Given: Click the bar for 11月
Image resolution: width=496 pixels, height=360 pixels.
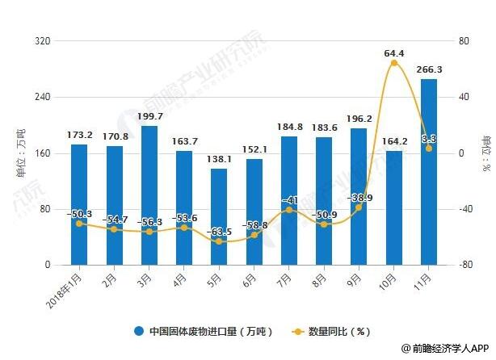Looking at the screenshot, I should tap(428, 172).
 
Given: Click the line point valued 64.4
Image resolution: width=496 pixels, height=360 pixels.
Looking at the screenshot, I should tap(393, 63).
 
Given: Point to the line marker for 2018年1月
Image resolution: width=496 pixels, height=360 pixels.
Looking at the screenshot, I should tap(79, 224).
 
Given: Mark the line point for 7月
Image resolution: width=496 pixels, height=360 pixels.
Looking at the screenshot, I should tap(288, 210).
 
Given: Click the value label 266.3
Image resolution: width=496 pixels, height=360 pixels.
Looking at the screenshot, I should tap(428, 69).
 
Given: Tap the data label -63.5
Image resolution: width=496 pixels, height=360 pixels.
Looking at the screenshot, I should tap(218, 232).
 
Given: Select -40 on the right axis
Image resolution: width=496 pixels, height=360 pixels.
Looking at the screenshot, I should tap(462, 209).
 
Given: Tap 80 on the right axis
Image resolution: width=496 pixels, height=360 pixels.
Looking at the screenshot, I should tap(462, 41).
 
